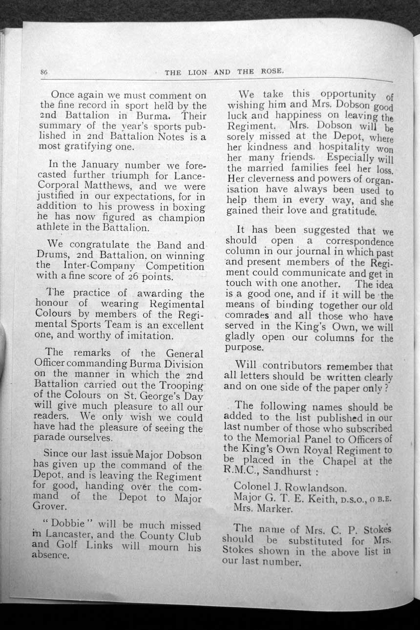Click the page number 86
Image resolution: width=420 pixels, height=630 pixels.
(x=43, y=72)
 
